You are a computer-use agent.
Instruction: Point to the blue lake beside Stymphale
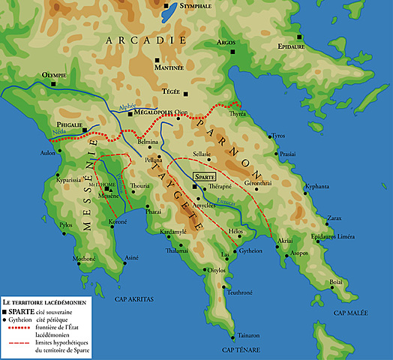[168, 11]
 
